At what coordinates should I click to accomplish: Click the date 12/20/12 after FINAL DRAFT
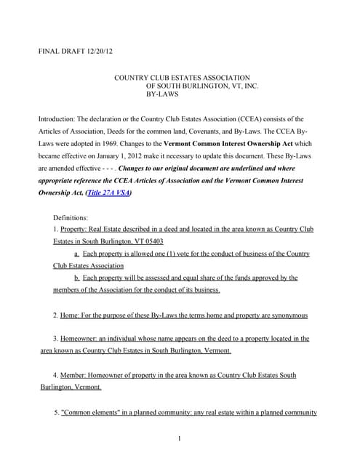click(97, 52)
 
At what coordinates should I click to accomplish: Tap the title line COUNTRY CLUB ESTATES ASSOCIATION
click(183, 77)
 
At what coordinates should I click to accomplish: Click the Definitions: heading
click(71, 217)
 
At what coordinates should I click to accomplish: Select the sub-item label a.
click(76, 254)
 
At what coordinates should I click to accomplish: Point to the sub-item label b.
click(76, 278)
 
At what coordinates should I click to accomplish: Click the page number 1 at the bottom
click(179, 438)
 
